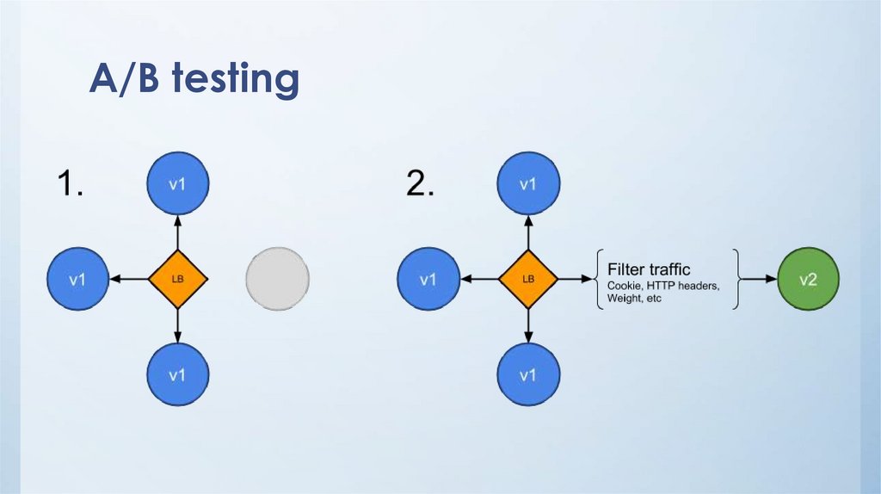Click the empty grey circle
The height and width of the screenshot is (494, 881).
click(x=277, y=279)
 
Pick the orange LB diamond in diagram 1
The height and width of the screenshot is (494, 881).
click(x=178, y=279)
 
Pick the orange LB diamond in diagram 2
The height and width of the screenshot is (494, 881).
click(x=528, y=279)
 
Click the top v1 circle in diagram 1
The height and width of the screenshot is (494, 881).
click(x=178, y=184)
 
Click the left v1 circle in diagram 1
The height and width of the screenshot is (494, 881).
click(x=77, y=279)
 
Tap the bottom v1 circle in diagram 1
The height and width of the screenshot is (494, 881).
click(x=178, y=374)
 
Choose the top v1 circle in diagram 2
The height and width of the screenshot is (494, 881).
click(x=528, y=184)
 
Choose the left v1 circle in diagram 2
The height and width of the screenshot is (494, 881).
click(x=428, y=279)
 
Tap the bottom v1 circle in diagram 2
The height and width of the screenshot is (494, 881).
click(x=528, y=374)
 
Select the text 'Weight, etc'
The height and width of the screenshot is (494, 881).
click(x=635, y=299)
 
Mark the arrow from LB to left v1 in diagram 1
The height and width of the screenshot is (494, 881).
click(x=129, y=279)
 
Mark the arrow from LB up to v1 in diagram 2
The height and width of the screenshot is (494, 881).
click(x=528, y=234)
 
